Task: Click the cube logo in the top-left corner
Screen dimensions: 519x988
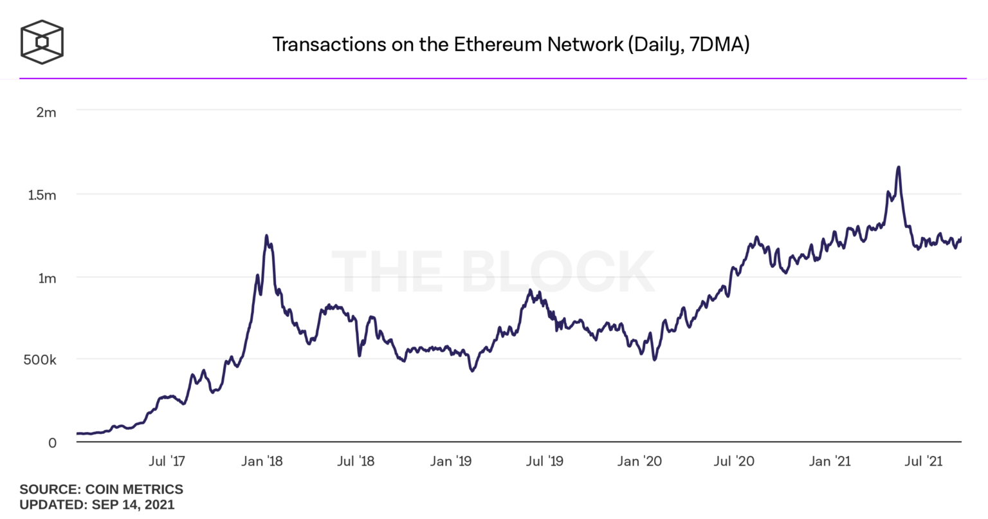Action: [42, 42]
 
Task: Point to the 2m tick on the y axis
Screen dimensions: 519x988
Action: [46, 113]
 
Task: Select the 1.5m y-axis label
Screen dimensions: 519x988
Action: [42, 195]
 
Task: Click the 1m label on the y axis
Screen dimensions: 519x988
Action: [47, 278]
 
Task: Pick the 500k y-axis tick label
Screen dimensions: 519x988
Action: [40, 360]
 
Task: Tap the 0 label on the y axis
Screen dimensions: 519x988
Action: [52, 443]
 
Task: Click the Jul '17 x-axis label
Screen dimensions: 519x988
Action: [167, 461]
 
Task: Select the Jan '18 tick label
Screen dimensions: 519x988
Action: [261, 461]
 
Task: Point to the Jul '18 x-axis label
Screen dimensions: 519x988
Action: [356, 461]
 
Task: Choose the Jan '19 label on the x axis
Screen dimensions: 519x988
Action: [450, 461]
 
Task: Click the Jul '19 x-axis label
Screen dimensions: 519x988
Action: [545, 461]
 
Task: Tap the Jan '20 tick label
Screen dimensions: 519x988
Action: [639, 461]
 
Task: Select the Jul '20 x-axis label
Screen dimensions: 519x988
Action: [734, 461]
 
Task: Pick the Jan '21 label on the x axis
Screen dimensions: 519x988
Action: [829, 461]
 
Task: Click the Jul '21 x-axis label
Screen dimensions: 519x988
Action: [924, 461]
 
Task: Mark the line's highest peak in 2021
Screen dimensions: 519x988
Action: [898, 167]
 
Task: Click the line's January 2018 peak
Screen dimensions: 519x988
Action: [266, 236]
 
